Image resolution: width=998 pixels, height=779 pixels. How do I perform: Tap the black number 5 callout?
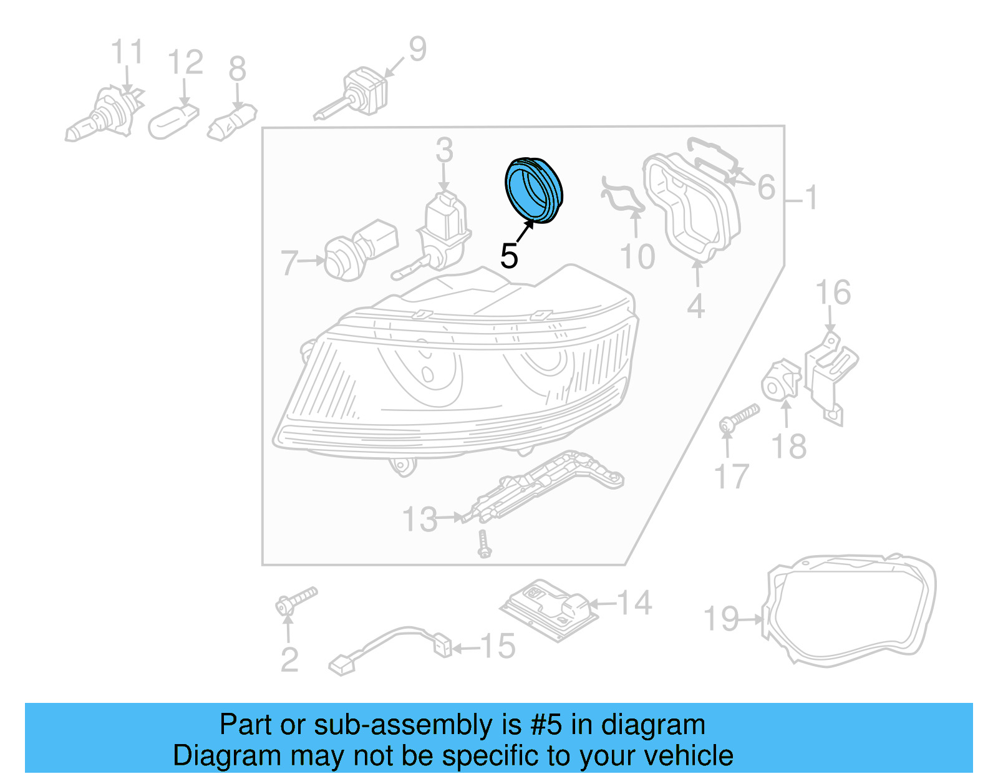click(509, 256)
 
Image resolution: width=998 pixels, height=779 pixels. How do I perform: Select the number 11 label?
click(127, 52)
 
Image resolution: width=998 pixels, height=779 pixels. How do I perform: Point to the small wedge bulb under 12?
click(173, 120)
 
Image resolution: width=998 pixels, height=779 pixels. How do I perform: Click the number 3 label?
click(444, 150)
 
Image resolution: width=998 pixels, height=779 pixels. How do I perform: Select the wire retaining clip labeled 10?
click(621, 196)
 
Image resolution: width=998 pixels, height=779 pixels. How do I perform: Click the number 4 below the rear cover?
click(696, 306)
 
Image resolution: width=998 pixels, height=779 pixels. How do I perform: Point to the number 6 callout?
click(766, 187)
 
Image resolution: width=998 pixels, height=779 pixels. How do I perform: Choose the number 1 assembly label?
click(811, 198)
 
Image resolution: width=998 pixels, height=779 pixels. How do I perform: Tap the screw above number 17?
click(740, 417)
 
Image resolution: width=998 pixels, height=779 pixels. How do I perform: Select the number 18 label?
click(789, 447)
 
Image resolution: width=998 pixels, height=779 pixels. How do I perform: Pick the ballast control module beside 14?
click(549, 607)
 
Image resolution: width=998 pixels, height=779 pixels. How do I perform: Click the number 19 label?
click(721, 619)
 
